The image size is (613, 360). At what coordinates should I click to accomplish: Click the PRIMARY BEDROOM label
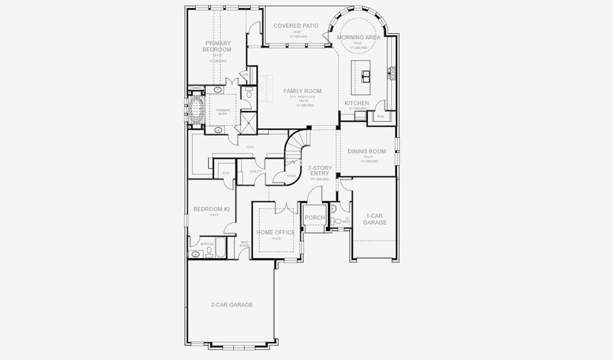[x=217, y=46]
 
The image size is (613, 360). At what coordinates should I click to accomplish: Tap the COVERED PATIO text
[x=296, y=26]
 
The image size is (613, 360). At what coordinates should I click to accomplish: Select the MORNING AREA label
[x=358, y=37]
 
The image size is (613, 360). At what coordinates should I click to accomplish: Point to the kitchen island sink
[x=365, y=76]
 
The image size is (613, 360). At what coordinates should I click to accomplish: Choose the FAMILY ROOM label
[x=303, y=91]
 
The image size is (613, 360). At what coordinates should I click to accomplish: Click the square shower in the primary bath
[x=246, y=121]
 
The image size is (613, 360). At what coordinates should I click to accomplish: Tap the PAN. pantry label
[x=380, y=116]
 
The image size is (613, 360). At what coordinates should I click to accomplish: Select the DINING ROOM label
[x=366, y=152]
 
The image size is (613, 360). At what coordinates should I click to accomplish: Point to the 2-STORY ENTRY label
[x=318, y=170]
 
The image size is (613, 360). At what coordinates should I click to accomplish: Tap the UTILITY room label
[x=256, y=172]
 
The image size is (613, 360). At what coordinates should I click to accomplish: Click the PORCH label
[x=314, y=218]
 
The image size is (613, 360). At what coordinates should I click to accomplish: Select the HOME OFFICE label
[x=275, y=232]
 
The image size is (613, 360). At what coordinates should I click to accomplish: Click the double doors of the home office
[x=282, y=208]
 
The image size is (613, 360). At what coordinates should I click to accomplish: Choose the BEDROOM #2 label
[x=212, y=209]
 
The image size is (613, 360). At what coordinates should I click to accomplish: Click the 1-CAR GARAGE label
[x=374, y=219]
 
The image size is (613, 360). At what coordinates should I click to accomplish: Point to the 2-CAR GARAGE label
[x=232, y=305]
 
